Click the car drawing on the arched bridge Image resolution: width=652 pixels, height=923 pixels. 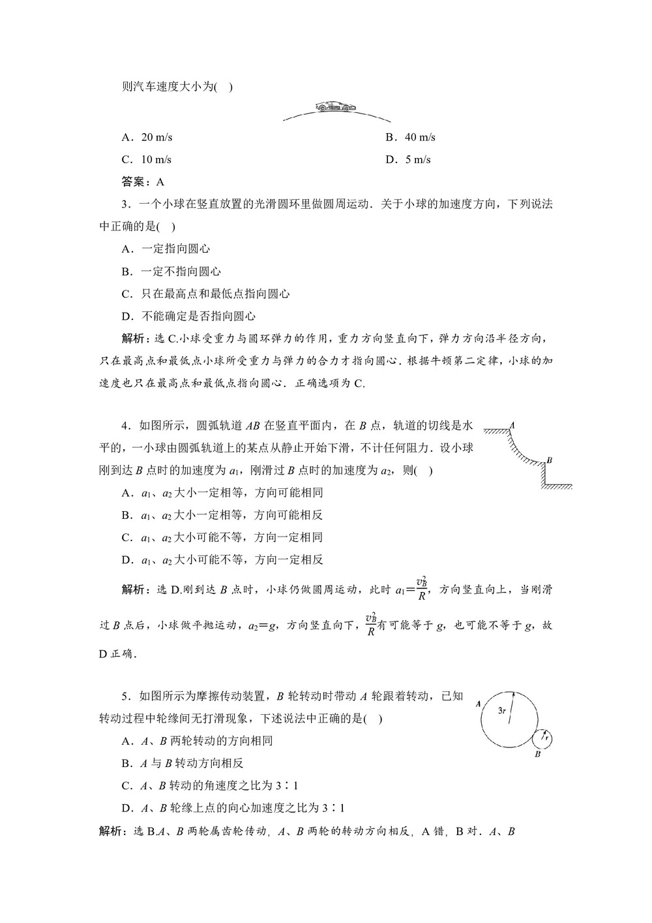(x=332, y=107)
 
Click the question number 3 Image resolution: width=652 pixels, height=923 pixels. (x=125, y=204)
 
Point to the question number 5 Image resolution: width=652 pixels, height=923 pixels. (x=125, y=696)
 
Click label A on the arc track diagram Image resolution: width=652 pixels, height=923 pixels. (x=512, y=424)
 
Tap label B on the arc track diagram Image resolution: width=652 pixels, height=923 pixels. (x=550, y=460)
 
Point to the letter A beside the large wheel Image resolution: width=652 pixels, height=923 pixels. (x=479, y=704)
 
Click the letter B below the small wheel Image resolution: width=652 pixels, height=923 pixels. (x=538, y=755)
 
